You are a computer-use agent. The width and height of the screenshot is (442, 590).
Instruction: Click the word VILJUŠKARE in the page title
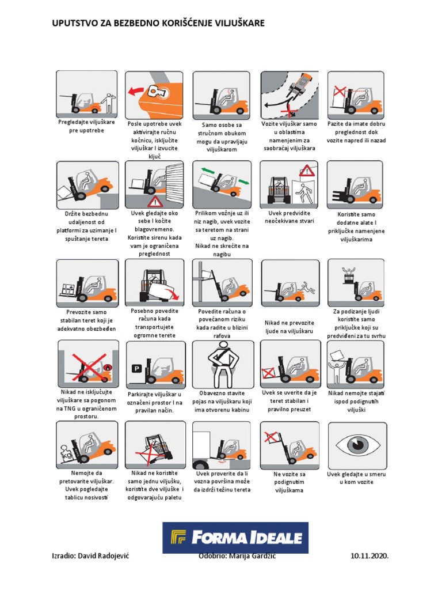click(x=239, y=23)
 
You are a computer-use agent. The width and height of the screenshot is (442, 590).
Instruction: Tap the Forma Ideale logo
click(x=235, y=538)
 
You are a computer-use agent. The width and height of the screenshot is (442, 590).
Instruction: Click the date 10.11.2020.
click(x=369, y=556)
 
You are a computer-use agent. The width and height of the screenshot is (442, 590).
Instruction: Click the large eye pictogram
click(x=357, y=445)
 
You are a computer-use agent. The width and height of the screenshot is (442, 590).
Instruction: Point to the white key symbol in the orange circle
click(x=156, y=91)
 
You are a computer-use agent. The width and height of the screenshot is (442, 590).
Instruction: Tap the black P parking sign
click(x=136, y=369)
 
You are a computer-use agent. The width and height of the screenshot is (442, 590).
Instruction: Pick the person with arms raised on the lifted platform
click(x=349, y=273)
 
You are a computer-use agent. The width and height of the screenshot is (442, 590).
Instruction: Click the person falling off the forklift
click(x=307, y=289)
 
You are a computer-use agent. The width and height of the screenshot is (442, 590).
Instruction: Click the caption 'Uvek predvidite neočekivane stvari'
click(x=289, y=217)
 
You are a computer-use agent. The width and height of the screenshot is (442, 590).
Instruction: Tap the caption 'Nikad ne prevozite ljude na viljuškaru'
click(x=289, y=327)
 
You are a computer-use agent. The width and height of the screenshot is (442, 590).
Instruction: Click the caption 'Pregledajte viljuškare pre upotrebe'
click(x=86, y=126)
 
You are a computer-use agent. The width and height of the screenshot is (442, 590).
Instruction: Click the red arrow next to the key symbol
click(x=136, y=91)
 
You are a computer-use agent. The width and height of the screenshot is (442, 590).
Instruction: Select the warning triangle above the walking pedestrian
click(x=307, y=171)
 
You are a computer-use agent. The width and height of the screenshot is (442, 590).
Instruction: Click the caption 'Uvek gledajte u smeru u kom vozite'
click(x=356, y=478)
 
